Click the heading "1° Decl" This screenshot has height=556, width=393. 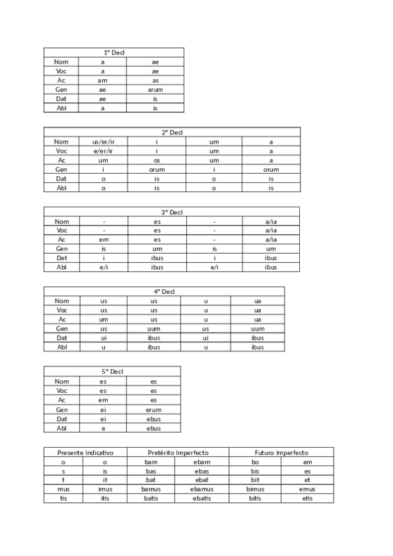pyautogui.click(x=114, y=52)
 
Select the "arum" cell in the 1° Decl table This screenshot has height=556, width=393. pyautogui.click(x=155, y=89)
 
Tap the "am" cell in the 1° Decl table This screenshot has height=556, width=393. pyautogui.click(x=102, y=80)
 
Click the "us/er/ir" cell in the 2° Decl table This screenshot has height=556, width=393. pyautogui.click(x=103, y=142)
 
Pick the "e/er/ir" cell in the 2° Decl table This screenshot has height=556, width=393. pyautogui.click(x=103, y=151)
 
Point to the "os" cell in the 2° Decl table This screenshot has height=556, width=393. pyautogui.click(x=157, y=160)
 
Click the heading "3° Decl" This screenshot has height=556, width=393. pyautogui.click(x=172, y=212)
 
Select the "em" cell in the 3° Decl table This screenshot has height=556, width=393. pyautogui.click(x=104, y=240)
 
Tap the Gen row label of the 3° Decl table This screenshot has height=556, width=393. pyautogui.click(x=62, y=249)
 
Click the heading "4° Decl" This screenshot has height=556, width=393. pyautogui.click(x=164, y=292)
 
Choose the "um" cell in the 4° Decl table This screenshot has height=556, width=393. pyautogui.click(x=104, y=319)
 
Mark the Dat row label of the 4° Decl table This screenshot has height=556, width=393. pyautogui.click(x=62, y=338)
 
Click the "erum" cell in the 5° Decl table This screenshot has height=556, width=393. pyautogui.click(x=154, y=410)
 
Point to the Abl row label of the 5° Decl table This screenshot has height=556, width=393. pyautogui.click(x=62, y=428)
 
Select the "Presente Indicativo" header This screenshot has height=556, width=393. pyautogui.click(x=85, y=453)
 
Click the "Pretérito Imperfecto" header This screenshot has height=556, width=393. pyautogui.click(x=178, y=453)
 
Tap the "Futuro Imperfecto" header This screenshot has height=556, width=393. pyautogui.click(x=281, y=453)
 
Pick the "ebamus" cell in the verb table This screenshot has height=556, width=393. pyautogui.click(x=201, y=489)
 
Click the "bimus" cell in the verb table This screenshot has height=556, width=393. pyautogui.click(x=255, y=489)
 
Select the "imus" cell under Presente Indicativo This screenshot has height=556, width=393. pyautogui.click(x=105, y=489)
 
